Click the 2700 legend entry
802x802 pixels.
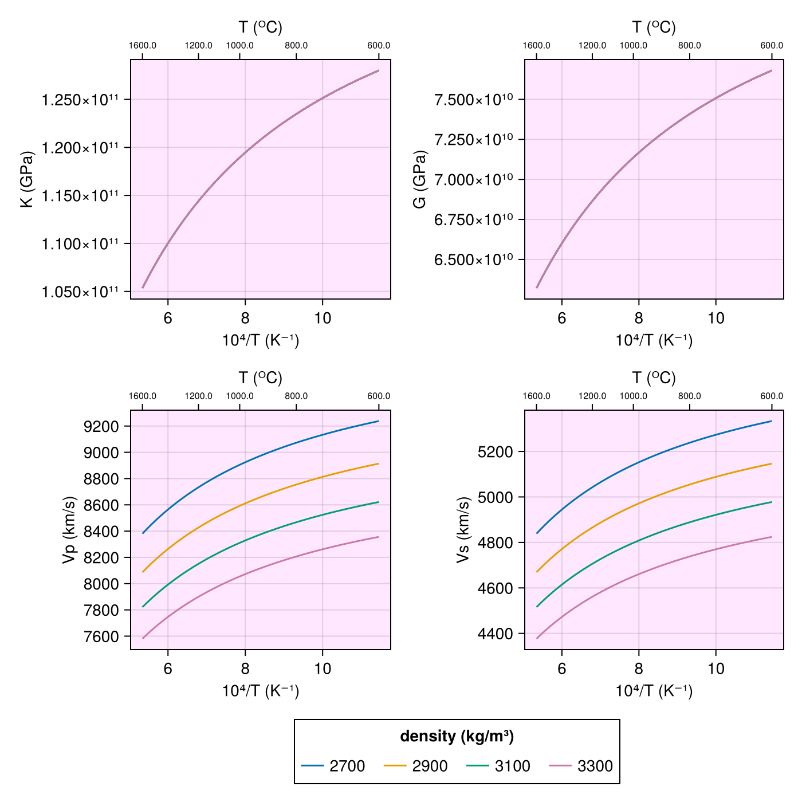pos(333,766)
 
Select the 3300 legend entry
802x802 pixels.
pos(581,766)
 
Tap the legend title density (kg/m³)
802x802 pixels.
pos(457,736)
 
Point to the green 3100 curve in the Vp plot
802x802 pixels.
pos(245,540)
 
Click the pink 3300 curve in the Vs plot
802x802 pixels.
pos(639,574)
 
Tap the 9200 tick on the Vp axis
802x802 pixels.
pos(101,426)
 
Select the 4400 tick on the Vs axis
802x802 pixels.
pos(496,634)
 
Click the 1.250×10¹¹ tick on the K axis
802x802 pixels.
pos(80,100)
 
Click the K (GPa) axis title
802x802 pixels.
pos(27,179)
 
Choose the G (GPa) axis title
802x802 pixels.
pos(420,179)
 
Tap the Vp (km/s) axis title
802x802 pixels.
pos(69,530)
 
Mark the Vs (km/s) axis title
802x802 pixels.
pos(463,530)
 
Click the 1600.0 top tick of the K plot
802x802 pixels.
pos(143,46)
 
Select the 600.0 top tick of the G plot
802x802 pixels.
pos(772,46)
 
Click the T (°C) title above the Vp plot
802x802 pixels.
pos(261,378)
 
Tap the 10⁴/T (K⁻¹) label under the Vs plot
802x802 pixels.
pos(654,691)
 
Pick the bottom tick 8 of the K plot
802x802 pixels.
pos(245,318)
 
